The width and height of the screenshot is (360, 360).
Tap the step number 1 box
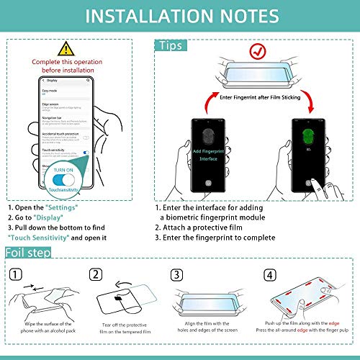click(15, 274)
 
